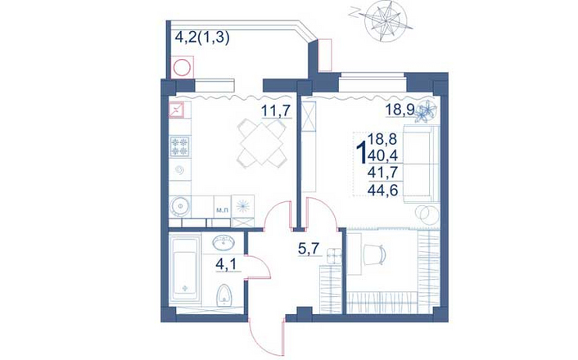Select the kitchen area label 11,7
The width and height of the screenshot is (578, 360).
pyautogui.click(x=277, y=110)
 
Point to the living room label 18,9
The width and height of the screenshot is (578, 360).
pyautogui.click(x=400, y=110)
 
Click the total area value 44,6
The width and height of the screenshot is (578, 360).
pyautogui.click(x=384, y=190)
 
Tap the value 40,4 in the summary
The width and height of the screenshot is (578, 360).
pyautogui.click(x=383, y=156)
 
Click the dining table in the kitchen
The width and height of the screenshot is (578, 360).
pyautogui.click(x=262, y=144)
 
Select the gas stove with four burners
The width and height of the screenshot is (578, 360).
pyautogui.click(x=179, y=146)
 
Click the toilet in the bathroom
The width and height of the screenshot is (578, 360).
pyautogui.click(x=224, y=295)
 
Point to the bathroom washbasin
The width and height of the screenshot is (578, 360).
pyautogui.click(x=223, y=242)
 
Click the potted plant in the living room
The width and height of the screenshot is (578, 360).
pyautogui.click(x=426, y=110)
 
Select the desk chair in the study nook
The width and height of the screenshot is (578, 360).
pyautogui.click(x=375, y=254)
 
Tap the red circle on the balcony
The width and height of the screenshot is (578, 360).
pyautogui.click(x=182, y=68)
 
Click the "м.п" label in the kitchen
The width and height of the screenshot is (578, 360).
pyautogui.click(x=222, y=210)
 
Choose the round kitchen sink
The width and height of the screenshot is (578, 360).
pyautogui.click(x=179, y=206)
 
